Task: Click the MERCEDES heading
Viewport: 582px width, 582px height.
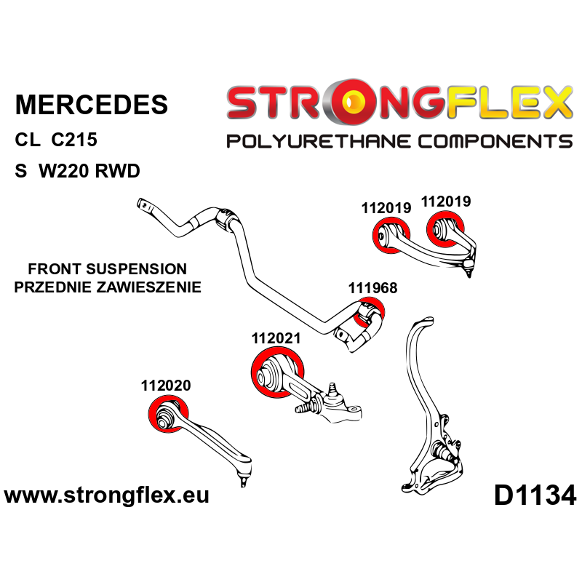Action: [x=91, y=104]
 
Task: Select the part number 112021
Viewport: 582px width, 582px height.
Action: [x=276, y=338]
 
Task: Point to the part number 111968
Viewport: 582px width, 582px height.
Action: [x=372, y=288]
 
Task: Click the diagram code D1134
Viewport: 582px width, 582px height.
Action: [x=535, y=496]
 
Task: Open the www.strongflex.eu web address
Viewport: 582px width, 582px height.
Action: [x=107, y=496]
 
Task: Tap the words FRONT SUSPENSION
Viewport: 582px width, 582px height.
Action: [x=101, y=269]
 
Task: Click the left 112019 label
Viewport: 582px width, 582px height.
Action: [x=386, y=208]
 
